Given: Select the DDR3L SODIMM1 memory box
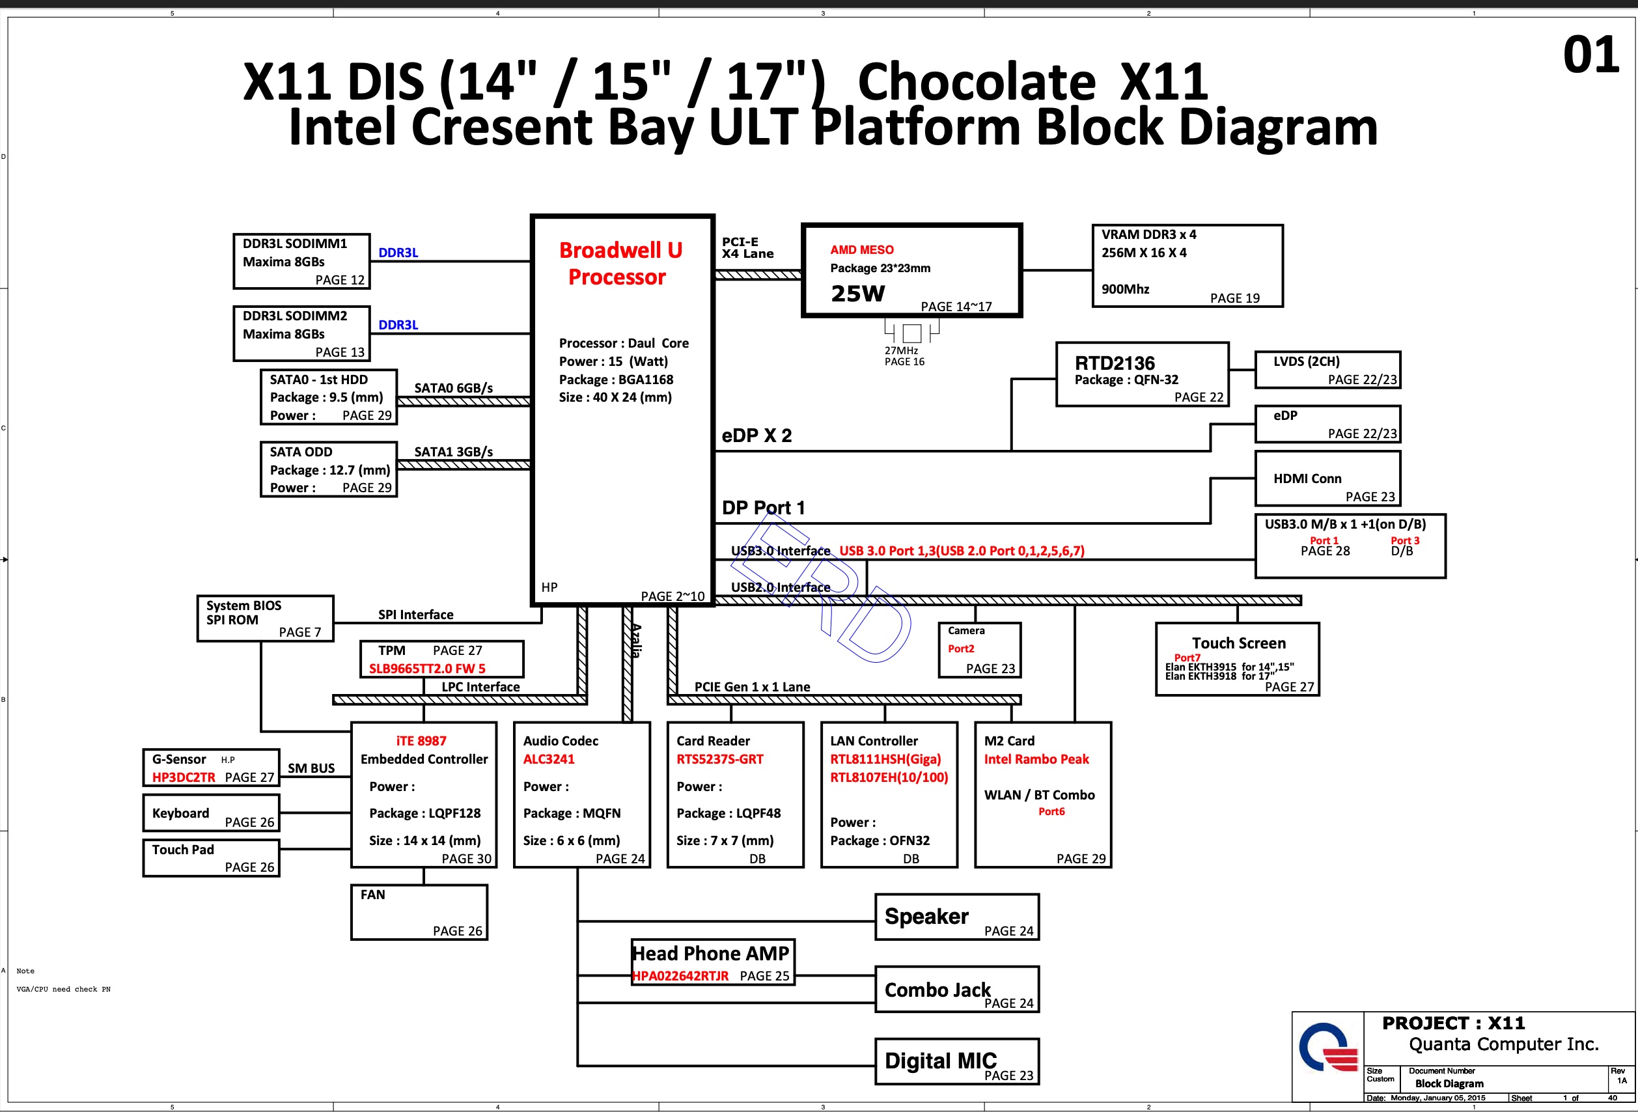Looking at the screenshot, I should (x=301, y=262).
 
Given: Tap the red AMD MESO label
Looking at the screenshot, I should (x=861, y=250).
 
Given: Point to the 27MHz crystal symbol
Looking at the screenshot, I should (x=911, y=333).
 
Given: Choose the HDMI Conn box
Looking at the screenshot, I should (x=1327, y=479).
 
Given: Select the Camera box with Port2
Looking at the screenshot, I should (x=979, y=650).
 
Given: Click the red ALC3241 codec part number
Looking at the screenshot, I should (x=548, y=759).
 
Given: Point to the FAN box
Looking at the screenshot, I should (x=419, y=912).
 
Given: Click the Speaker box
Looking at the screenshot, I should (x=956, y=917).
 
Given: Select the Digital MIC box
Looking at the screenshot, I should (x=956, y=1061).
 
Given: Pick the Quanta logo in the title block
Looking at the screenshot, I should (x=1328, y=1048).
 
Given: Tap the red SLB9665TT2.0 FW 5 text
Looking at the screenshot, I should (x=427, y=669).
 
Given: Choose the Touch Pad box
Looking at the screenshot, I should (x=211, y=857).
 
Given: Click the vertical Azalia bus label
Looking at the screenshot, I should (x=636, y=641).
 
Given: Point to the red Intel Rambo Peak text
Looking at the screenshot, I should (x=1036, y=759).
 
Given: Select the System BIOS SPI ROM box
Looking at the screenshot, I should (x=265, y=618).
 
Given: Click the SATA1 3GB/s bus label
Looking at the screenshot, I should (x=453, y=452).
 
